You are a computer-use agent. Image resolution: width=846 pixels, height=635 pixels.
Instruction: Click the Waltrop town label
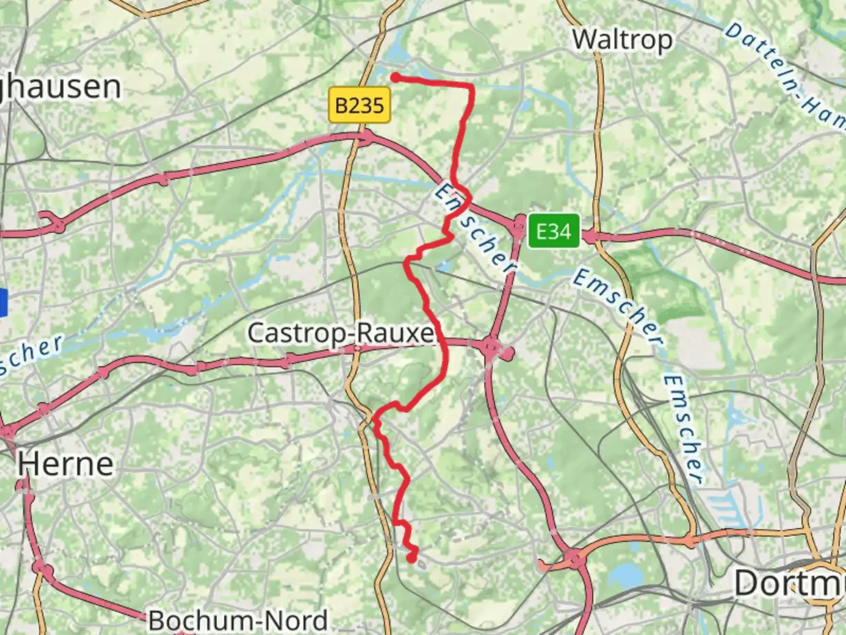pos(622,40)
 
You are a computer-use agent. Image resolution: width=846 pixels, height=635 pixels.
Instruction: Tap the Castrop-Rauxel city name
pos(341,333)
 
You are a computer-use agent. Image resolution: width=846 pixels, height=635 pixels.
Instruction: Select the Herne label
pos(65,464)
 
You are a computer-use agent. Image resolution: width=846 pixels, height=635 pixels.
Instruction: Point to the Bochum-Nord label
pos(238,620)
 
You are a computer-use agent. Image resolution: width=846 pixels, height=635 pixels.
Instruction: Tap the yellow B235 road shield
pos(360,105)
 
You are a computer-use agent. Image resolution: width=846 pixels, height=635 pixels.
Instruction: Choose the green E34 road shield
pos(553,231)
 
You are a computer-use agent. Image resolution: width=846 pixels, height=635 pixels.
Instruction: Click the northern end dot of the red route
pos(396,77)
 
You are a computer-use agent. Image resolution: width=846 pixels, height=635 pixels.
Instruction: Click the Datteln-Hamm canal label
pos(784,73)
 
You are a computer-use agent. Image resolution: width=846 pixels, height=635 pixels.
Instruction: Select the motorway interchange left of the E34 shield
pos(519,225)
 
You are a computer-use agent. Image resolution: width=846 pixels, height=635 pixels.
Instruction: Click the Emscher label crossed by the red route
pos(475,229)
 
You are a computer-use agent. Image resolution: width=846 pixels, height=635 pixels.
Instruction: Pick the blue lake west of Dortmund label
pos(626,573)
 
